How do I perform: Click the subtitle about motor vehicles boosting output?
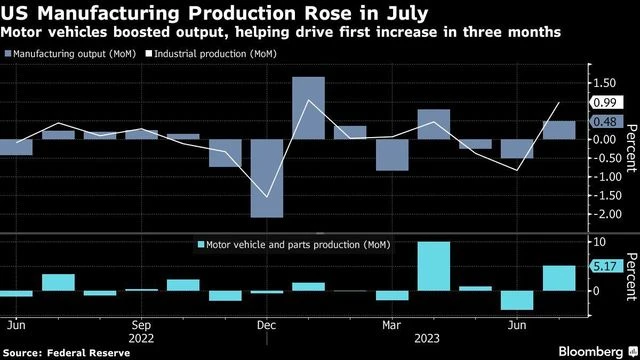pos(280,32)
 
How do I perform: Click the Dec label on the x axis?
pos(267,325)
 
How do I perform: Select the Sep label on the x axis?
pos(141,325)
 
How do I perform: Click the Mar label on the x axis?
pos(392,325)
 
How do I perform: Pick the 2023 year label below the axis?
pos(393,338)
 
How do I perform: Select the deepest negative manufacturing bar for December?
pos(267,178)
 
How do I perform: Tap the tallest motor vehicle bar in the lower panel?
pos(433,266)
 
